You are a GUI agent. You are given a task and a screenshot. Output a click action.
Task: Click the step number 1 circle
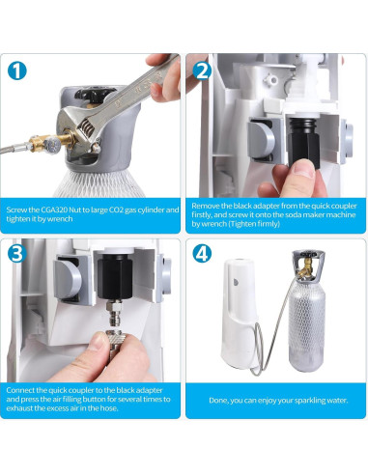click(x=16, y=70)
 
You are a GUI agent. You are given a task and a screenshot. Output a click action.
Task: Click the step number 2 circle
click(x=202, y=70)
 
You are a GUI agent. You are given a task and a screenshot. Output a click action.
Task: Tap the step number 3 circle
click(x=16, y=253)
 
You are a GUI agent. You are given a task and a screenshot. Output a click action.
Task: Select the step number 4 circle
click(x=202, y=253)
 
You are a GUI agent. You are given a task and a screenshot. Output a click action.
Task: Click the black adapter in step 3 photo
click(x=115, y=276)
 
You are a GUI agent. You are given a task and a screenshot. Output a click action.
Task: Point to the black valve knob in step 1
click(x=94, y=93)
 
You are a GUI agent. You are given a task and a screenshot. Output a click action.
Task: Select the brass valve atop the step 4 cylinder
click(x=306, y=267)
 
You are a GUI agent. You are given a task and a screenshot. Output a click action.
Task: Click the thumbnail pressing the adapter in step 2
click(x=303, y=169)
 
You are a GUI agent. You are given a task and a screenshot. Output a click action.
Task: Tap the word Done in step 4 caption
click(x=217, y=401)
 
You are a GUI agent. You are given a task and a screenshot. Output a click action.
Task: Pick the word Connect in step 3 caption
click(x=20, y=390)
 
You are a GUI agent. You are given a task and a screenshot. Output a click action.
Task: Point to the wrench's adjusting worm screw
click(x=87, y=126)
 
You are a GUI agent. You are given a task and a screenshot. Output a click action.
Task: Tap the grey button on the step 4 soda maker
click(x=236, y=282)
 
